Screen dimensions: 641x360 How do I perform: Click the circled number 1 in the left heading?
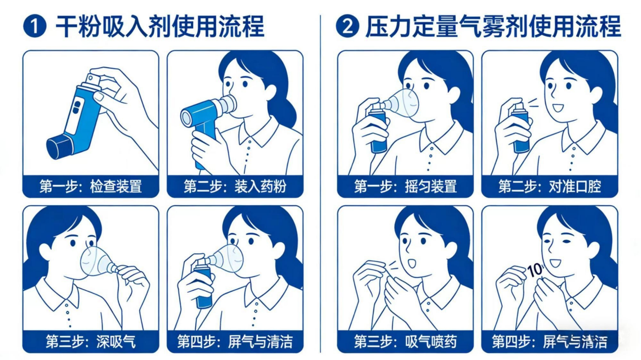(x=35, y=26)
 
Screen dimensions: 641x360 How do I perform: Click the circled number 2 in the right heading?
(x=348, y=26)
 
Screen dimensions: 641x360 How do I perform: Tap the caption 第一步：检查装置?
(x=91, y=186)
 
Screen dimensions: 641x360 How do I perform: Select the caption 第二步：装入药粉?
(x=235, y=186)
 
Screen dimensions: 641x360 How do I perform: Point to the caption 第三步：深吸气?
(x=91, y=341)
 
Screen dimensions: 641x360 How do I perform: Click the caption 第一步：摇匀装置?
(x=405, y=186)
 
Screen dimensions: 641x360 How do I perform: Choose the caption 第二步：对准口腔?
(x=550, y=186)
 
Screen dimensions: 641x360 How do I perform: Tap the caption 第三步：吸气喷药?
(x=405, y=341)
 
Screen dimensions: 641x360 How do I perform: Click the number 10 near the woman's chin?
(x=535, y=270)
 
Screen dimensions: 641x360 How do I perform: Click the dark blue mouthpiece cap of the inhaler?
(x=59, y=147)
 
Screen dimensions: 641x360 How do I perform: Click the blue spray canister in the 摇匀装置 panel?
(x=378, y=130)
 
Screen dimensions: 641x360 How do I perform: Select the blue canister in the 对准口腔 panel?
(x=521, y=130)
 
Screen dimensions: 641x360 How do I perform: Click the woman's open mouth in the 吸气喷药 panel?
(x=411, y=263)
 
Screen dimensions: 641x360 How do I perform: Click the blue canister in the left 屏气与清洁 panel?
(x=204, y=287)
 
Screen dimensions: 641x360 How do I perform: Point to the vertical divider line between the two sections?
(x=320, y=184)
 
